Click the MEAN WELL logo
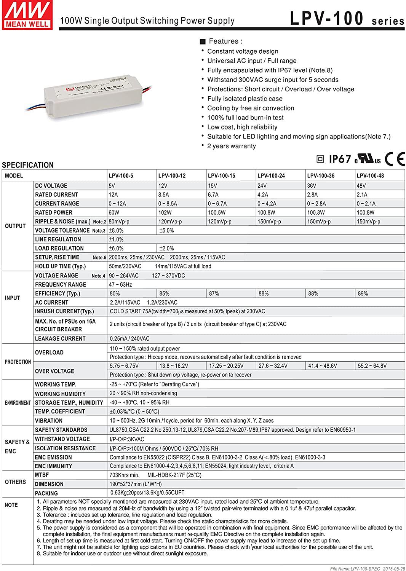click(27, 15)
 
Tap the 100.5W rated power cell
click(217, 212)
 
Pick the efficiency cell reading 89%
click(363, 293)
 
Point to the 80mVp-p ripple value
click(119, 222)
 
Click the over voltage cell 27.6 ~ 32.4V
click(273, 366)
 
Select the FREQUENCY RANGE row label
click(60, 284)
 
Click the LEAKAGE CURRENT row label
click(60, 338)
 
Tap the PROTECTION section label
click(18, 362)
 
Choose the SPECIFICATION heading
click(27, 165)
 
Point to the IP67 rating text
click(340, 159)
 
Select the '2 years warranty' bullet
click(231, 146)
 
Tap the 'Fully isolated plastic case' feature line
click(245, 99)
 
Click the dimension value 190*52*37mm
click(136, 484)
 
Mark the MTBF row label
click(42, 475)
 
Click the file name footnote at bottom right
click(367, 568)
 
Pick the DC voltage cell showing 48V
click(361, 186)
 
